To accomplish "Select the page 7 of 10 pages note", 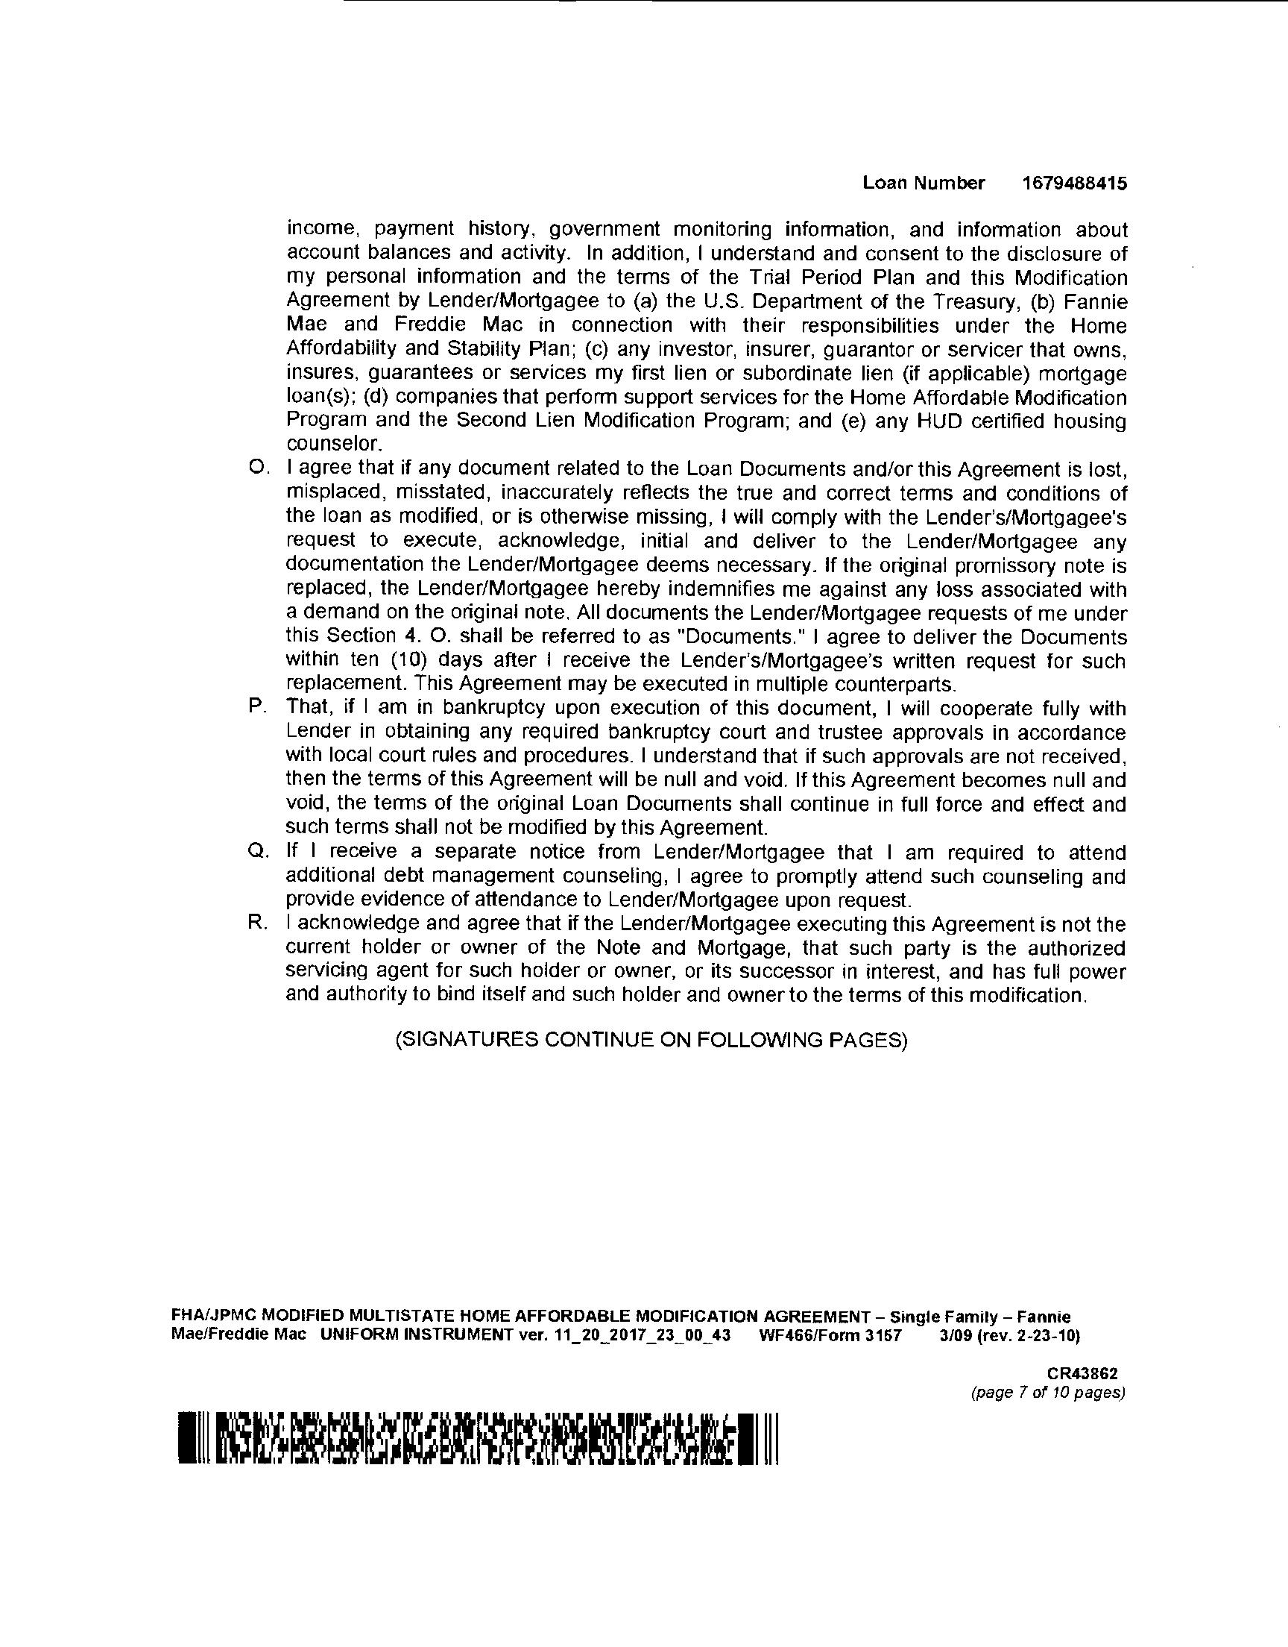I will pos(1048,1393).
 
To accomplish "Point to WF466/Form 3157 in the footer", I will pos(830,1336).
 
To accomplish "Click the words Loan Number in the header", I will pos(924,183).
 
